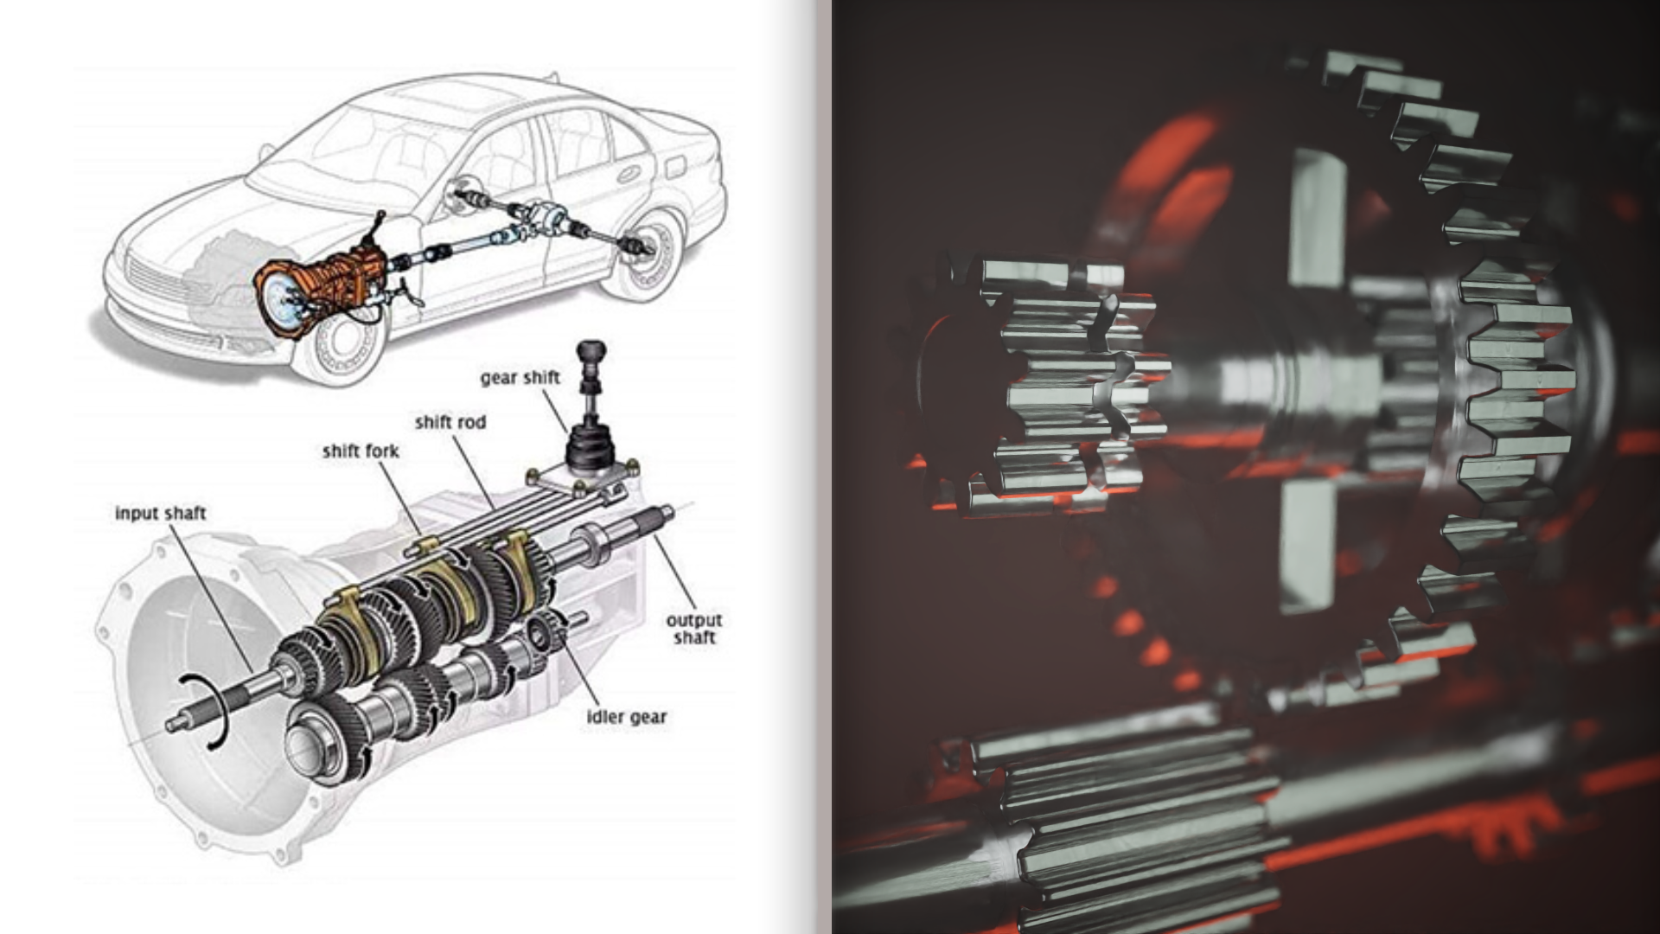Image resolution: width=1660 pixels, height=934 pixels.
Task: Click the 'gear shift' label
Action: point(520,378)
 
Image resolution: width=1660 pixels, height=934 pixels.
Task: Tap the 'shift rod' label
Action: point(450,422)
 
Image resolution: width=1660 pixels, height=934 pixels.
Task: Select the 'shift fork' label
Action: point(361,451)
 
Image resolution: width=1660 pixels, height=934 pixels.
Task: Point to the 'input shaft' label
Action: point(161,514)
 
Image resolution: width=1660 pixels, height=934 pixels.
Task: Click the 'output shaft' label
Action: point(693,629)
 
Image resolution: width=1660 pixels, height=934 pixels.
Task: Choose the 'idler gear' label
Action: point(627,717)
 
